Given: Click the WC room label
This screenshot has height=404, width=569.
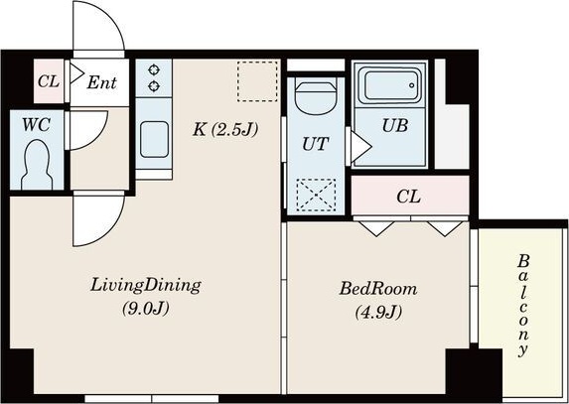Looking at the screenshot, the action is [37, 125].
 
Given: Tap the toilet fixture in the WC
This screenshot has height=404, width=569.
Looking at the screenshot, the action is [37, 165].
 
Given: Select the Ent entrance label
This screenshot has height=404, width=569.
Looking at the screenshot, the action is [101, 82].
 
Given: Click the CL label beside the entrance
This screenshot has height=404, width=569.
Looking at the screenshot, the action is [49, 81].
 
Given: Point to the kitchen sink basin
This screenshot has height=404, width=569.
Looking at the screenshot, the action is [154, 139].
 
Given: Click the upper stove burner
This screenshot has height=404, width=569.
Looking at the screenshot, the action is [154, 69].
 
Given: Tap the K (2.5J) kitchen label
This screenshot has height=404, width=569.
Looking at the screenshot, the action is [225, 129].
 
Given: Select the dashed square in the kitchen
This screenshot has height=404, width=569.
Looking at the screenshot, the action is [257, 81].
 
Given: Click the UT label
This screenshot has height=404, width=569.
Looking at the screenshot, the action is [316, 144].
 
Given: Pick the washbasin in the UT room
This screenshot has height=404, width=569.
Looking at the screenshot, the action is [316, 96].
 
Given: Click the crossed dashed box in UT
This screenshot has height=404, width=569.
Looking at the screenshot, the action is [316, 196].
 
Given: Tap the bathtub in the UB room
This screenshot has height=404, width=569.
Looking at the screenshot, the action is [390, 85].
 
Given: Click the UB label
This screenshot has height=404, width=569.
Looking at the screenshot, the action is [395, 125].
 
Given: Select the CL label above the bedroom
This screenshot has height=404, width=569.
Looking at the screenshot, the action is [408, 197].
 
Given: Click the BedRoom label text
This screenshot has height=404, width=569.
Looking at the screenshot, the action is [378, 289].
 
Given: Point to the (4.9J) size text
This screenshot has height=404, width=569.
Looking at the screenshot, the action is [378, 313].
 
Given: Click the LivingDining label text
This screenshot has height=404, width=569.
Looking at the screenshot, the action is [146, 286].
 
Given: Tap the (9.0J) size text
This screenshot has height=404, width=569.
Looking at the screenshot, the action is [146, 309].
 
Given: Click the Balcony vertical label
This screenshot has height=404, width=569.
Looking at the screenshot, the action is [523, 306].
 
